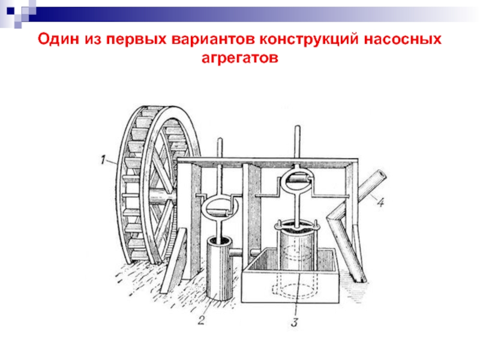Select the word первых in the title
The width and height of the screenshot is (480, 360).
pyautogui.click(x=134, y=40)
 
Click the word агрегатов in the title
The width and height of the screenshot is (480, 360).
pyautogui.click(x=240, y=59)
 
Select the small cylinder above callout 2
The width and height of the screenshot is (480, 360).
pyautogui.click(x=221, y=264)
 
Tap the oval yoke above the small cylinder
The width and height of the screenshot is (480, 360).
pyautogui.click(x=220, y=208)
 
